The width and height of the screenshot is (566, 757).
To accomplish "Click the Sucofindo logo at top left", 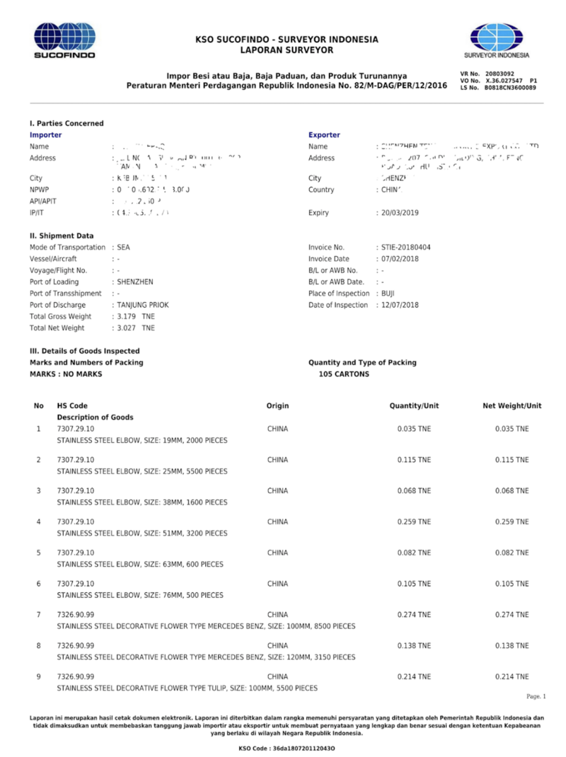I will pyautogui.click(x=65, y=40).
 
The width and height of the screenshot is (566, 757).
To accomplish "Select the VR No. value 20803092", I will pyautogui.click(x=499, y=74).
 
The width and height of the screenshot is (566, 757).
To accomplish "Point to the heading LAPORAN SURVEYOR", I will pyautogui.click(x=287, y=50).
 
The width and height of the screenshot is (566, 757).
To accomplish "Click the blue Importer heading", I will pyautogui.click(x=45, y=134).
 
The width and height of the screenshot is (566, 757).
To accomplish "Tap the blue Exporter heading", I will pyautogui.click(x=324, y=134).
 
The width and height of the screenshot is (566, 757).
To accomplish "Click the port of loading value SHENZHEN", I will pyautogui.click(x=134, y=282).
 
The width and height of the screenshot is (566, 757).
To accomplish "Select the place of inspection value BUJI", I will pyautogui.click(x=388, y=294).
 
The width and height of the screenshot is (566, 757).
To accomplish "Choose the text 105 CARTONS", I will pyautogui.click(x=344, y=374).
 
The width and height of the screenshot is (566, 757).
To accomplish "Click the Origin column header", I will pyautogui.click(x=277, y=405).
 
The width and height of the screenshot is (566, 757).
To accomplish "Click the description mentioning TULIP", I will pyautogui.click(x=187, y=688).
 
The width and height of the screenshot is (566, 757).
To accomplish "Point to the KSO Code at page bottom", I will pyautogui.click(x=287, y=749).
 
